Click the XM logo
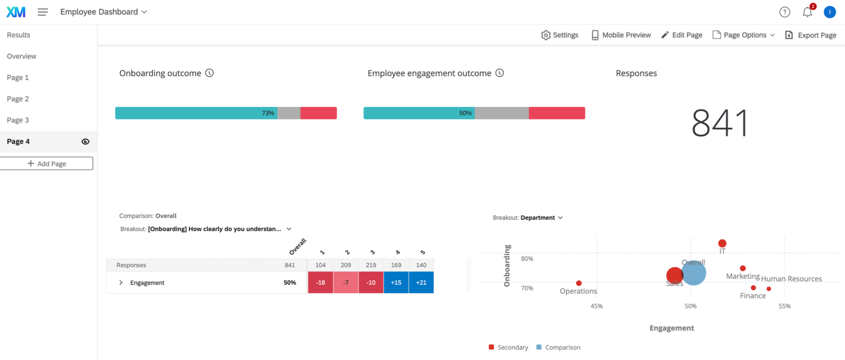16,12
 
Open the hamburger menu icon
43,12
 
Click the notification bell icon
807,12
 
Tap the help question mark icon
784,12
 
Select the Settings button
560,35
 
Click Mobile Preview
621,35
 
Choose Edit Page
681,35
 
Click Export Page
811,35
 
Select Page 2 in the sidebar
18,98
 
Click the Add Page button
47,164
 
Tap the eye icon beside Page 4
85,142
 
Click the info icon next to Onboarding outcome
210,73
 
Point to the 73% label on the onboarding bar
268,113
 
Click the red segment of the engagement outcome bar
557,113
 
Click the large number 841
719,123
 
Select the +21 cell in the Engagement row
421,282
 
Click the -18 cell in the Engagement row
321,282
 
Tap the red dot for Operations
579,283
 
